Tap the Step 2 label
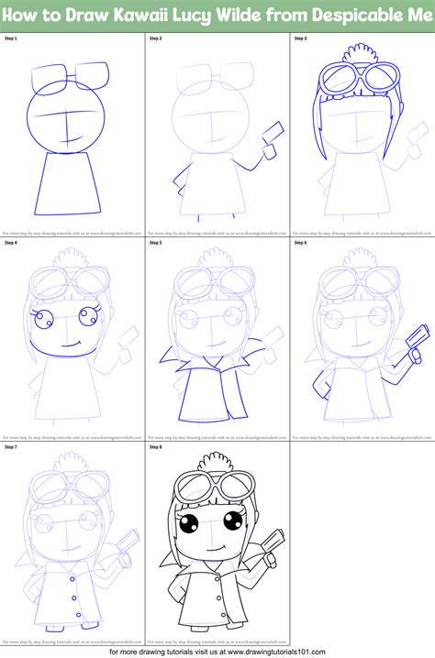coord(156,40)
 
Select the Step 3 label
coord(301,40)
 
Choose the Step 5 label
coord(156,243)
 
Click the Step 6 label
coord(301,243)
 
